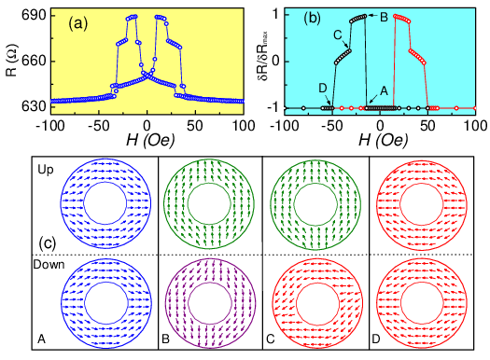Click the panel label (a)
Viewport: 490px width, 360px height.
tap(78, 23)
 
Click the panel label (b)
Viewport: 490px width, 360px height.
tap(313, 19)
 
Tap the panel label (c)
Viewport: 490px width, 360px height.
tap(48, 242)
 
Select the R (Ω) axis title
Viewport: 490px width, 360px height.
tap(12, 61)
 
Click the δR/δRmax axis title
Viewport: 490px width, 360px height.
tap(262, 59)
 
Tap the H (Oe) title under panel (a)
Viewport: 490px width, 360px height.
tap(150, 141)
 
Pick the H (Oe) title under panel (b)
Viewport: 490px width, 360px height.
tap(384, 141)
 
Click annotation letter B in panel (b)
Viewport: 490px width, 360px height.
tap(384, 17)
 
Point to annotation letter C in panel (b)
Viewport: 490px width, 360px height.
tap(338, 35)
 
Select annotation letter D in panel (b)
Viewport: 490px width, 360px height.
tap(323, 89)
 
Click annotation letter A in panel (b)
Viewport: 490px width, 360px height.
tap(384, 90)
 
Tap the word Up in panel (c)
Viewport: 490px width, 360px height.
tap(46, 170)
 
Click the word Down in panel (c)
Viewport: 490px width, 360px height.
tap(49, 265)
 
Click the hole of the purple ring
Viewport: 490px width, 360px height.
tap(210, 303)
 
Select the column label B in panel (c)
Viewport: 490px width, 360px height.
tap(165, 339)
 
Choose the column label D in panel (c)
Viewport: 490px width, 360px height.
tap(376, 339)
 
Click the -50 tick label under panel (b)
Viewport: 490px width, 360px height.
tap(331, 126)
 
